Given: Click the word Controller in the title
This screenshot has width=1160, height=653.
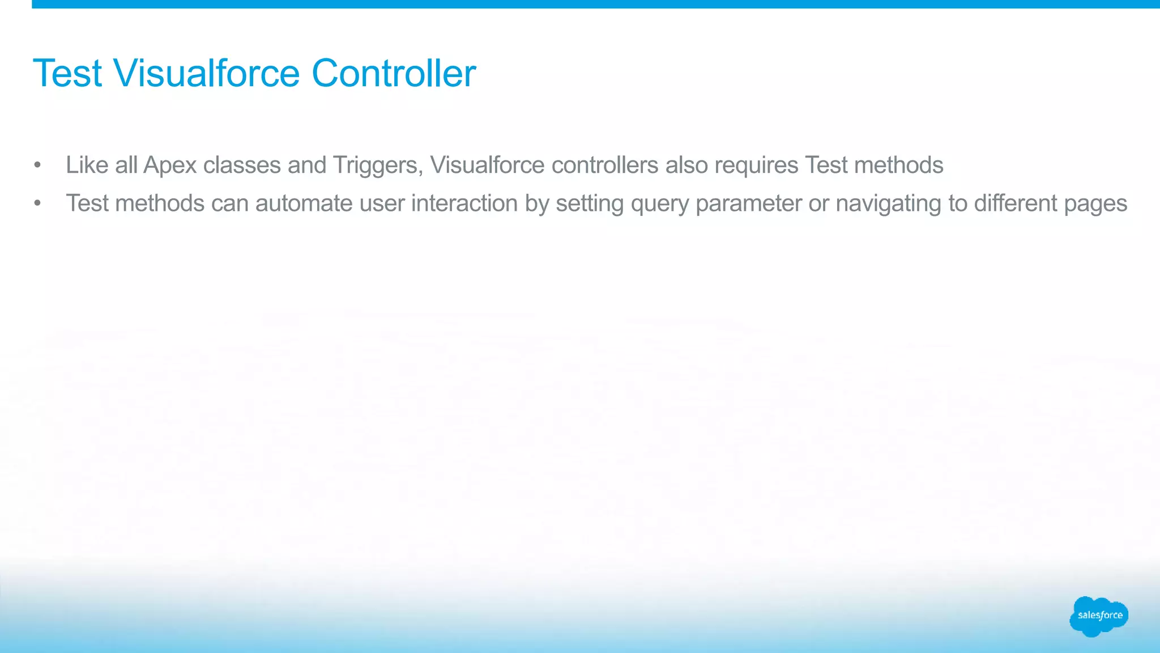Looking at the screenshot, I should click(394, 73).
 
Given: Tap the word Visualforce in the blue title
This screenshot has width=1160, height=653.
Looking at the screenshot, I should click(206, 73).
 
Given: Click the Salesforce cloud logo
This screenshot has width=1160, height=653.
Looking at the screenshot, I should click(1099, 616).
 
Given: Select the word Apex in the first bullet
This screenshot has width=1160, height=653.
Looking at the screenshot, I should click(170, 165).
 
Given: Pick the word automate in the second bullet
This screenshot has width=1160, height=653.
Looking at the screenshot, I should click(304, 203).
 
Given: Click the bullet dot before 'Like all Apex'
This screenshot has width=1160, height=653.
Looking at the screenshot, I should click(37, 166).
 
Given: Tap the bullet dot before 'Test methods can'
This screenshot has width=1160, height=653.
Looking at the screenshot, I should click(37, 203).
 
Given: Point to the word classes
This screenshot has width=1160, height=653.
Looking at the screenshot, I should click(242, 165).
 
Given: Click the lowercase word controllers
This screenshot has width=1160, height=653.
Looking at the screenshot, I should click(605, 165).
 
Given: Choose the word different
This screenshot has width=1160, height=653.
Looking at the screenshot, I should click(1016, 203).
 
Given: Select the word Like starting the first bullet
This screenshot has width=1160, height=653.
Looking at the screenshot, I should click(87, 165).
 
